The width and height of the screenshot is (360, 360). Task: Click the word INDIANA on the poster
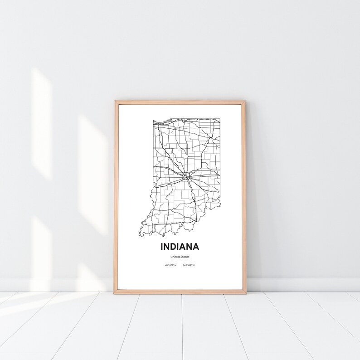(180, 247)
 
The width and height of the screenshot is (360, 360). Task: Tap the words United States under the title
(180, 257)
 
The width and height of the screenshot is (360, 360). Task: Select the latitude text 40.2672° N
(170, 265)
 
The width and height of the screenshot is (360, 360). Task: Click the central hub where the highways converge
(186, 175)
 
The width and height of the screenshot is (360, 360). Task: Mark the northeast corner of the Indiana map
(220, 119)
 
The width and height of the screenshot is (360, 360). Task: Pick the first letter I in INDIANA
(161, 247)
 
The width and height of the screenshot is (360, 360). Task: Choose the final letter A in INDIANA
(196, 247)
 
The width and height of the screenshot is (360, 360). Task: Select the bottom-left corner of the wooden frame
(115, 293)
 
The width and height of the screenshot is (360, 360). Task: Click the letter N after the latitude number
(175, 265)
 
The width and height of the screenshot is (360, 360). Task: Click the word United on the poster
(175, 257)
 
